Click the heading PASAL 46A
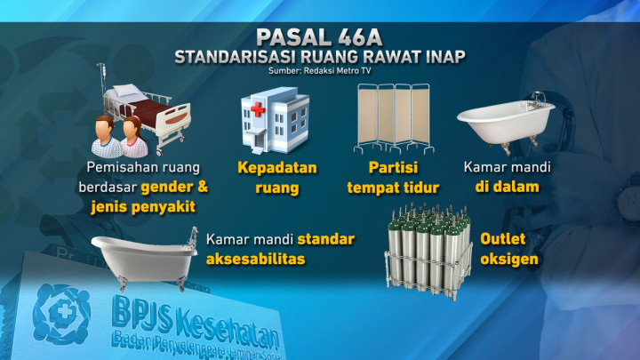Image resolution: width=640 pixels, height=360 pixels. tap(319, 38)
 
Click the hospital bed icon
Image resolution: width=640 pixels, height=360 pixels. tap(148, 116)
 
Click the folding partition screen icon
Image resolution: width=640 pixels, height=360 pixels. tap(393, 119)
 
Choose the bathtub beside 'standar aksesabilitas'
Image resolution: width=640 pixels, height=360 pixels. tap(146, 255)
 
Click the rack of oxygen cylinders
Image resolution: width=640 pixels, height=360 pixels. tap(428, 244)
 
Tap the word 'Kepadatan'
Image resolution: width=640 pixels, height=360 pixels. tap(276, 168)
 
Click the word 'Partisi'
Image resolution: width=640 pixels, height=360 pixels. tap(393, 168)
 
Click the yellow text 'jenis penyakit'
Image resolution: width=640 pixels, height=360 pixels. tap(143, 207)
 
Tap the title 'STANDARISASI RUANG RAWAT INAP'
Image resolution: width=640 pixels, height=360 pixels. tap(319, 58)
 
